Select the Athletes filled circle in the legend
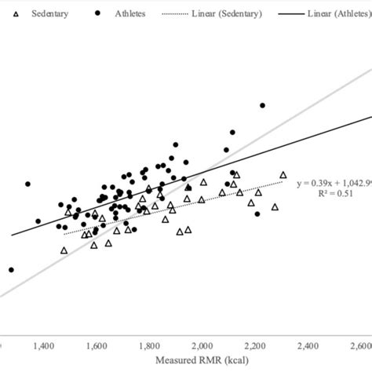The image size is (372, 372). [x=98, y=14]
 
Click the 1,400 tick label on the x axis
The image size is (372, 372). [x=43, y=345]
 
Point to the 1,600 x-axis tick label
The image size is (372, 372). [x=97, y=345]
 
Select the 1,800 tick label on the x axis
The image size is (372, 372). [x=150, y=345]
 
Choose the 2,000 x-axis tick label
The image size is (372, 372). [x=203, y=345]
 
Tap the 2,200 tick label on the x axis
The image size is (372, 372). [x=256, y=345]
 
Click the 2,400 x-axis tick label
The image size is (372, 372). [x=309, y=345]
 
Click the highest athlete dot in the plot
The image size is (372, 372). [x=263, y=105]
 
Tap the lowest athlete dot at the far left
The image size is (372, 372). [x=11, y=270]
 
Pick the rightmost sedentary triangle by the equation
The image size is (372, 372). [x=283, y=175]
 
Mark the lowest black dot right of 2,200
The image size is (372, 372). [x=257, y=213]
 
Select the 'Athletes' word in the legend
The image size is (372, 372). [x=129, y=14]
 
